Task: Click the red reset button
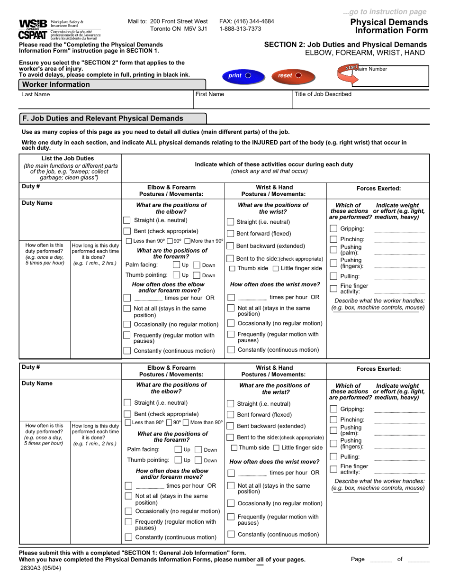coord(289,75)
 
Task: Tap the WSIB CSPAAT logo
coord(33,29)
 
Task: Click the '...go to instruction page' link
coord(384,12)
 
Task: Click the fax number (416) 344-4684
coord(246,21)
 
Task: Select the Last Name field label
coord(36,94)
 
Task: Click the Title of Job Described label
coord(323,94)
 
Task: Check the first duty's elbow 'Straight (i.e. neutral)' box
coord(127,220)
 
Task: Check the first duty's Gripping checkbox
coord(333,229)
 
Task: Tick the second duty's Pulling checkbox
coord(333,457)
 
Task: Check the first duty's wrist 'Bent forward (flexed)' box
coord(230,234)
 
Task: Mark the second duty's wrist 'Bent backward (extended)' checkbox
coord(230,426)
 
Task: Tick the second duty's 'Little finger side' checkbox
coord(276,448)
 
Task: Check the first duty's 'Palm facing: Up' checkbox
coord(177,265)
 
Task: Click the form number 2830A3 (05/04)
coord(40,567)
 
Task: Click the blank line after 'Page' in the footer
coord(380,559)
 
